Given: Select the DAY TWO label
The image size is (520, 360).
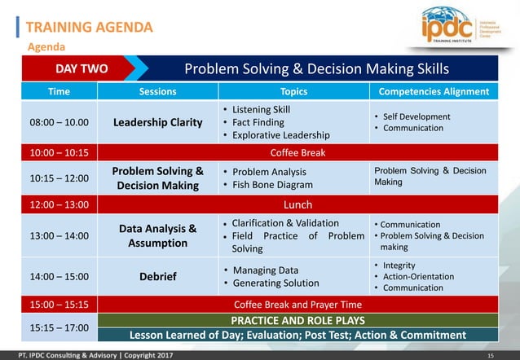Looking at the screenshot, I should [82, 68].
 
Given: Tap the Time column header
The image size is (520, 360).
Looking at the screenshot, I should [59, 92].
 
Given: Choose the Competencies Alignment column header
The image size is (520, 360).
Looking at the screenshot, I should [434, 92].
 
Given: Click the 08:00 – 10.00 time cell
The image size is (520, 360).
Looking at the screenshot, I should [59, 122].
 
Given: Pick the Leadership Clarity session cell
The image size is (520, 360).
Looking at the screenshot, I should [157, 122].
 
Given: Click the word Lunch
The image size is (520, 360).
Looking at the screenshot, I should [297, 204].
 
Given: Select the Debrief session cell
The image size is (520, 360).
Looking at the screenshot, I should [157, 277].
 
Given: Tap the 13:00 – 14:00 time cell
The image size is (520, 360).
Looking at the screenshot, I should [59, 236].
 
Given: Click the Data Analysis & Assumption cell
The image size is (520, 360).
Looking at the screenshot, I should [157, 235].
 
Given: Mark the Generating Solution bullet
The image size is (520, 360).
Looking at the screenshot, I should [275, 283].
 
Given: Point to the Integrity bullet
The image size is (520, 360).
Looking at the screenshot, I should [399, 266].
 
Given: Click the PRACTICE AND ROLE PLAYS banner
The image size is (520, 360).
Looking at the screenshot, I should [297, 320].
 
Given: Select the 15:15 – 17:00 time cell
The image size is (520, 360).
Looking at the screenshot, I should [59, 327].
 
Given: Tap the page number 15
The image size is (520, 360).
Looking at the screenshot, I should [491, 355].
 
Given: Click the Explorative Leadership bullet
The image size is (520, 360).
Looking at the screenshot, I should [280, 135].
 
